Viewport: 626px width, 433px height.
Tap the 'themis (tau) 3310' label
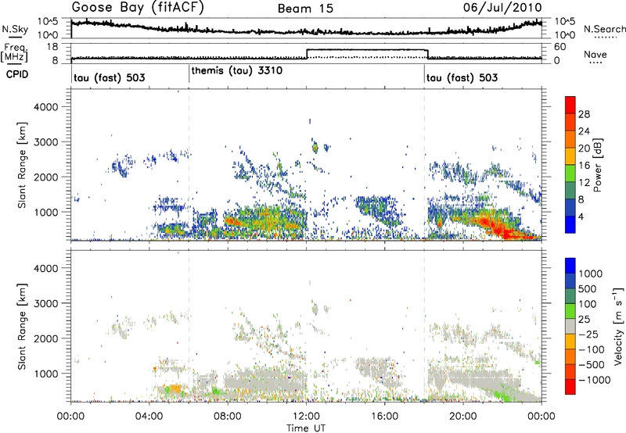(x=236, y=70)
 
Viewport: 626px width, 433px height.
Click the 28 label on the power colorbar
(x=584, y=113)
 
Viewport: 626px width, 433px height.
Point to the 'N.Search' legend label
(x=603, y=28)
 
